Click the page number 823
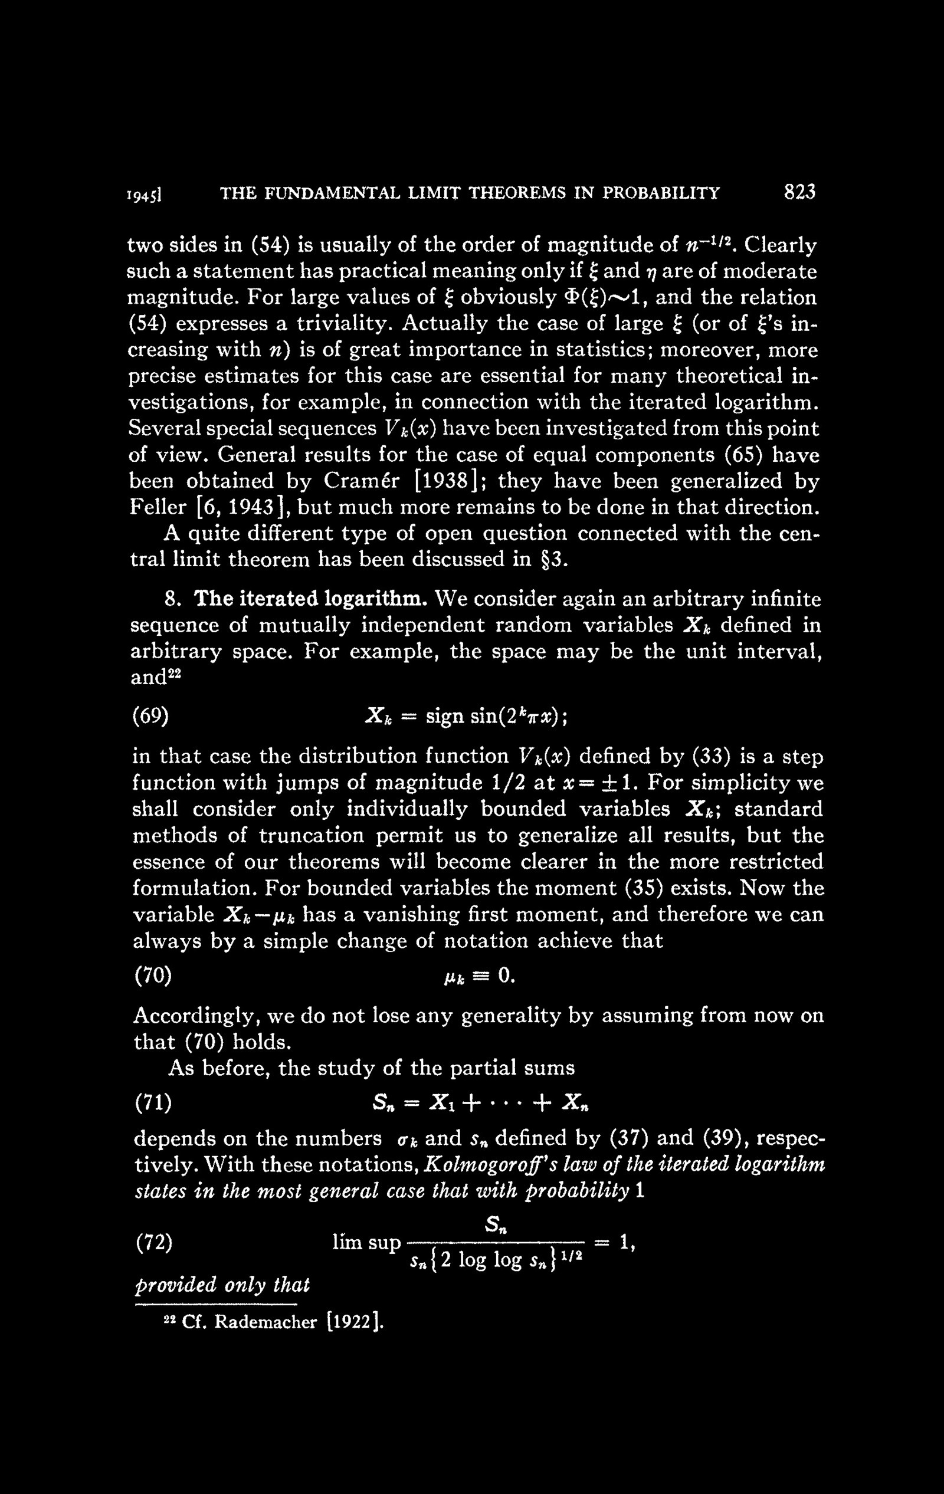tap(799, 193)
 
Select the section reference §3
tap(552, 560)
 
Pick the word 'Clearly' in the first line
tap(780, 246)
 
